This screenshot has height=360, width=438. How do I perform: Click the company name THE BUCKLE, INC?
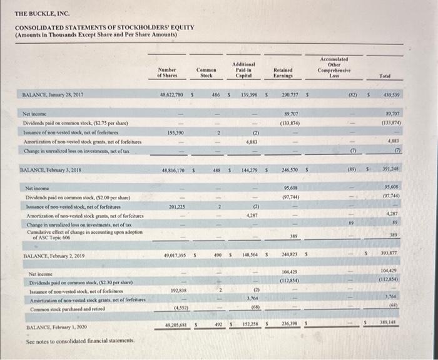(x=42, y=12)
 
